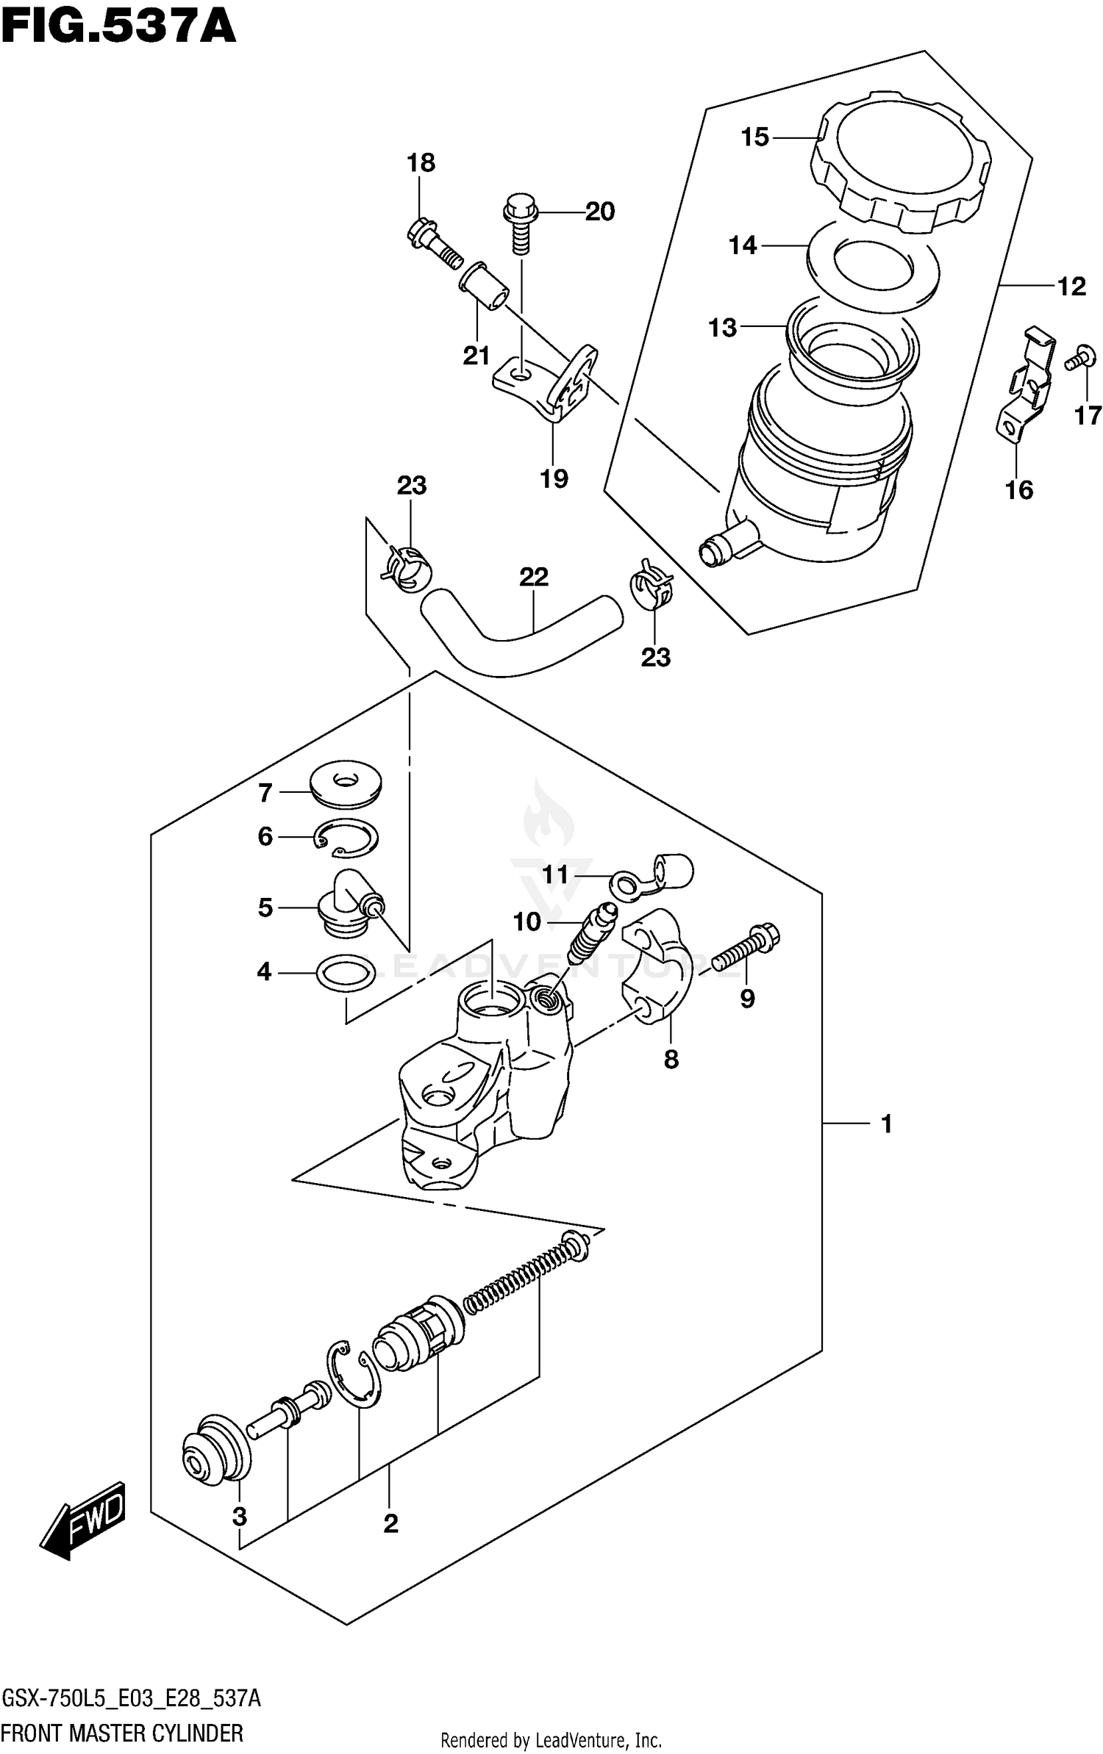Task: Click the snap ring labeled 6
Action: (347, 838)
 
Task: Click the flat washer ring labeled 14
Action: (873, 265)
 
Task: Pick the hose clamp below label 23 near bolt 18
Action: (407, 568)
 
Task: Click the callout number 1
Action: (886, 1124)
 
